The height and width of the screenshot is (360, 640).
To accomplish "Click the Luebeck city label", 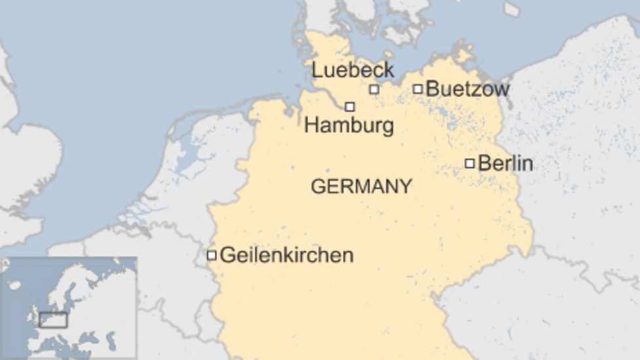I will pos(352,70).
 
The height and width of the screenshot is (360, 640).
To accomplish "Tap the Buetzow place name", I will pos(467,89).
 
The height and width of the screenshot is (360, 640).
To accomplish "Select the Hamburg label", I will pos(349,125).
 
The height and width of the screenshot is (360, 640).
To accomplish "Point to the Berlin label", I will pos(505,163).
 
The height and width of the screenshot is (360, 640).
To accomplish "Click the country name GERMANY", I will pos(361,187).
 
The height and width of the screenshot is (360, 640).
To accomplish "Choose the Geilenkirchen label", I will pos(287,255).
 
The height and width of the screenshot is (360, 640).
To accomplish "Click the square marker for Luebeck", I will pos(374,89).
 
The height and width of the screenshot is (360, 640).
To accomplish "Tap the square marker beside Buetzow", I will pos(418,89).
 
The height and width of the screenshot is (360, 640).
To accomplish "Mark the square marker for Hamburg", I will pos(350,106).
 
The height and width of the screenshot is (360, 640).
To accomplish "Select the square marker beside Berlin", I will pos(470,163).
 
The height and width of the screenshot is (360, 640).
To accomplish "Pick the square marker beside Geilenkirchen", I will pos(211,255).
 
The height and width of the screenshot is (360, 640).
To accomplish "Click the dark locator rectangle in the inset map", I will pos(53,320).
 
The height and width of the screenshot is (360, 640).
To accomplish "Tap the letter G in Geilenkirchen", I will pos(227,255).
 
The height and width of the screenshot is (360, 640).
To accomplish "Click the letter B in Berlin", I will pos(485,163).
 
